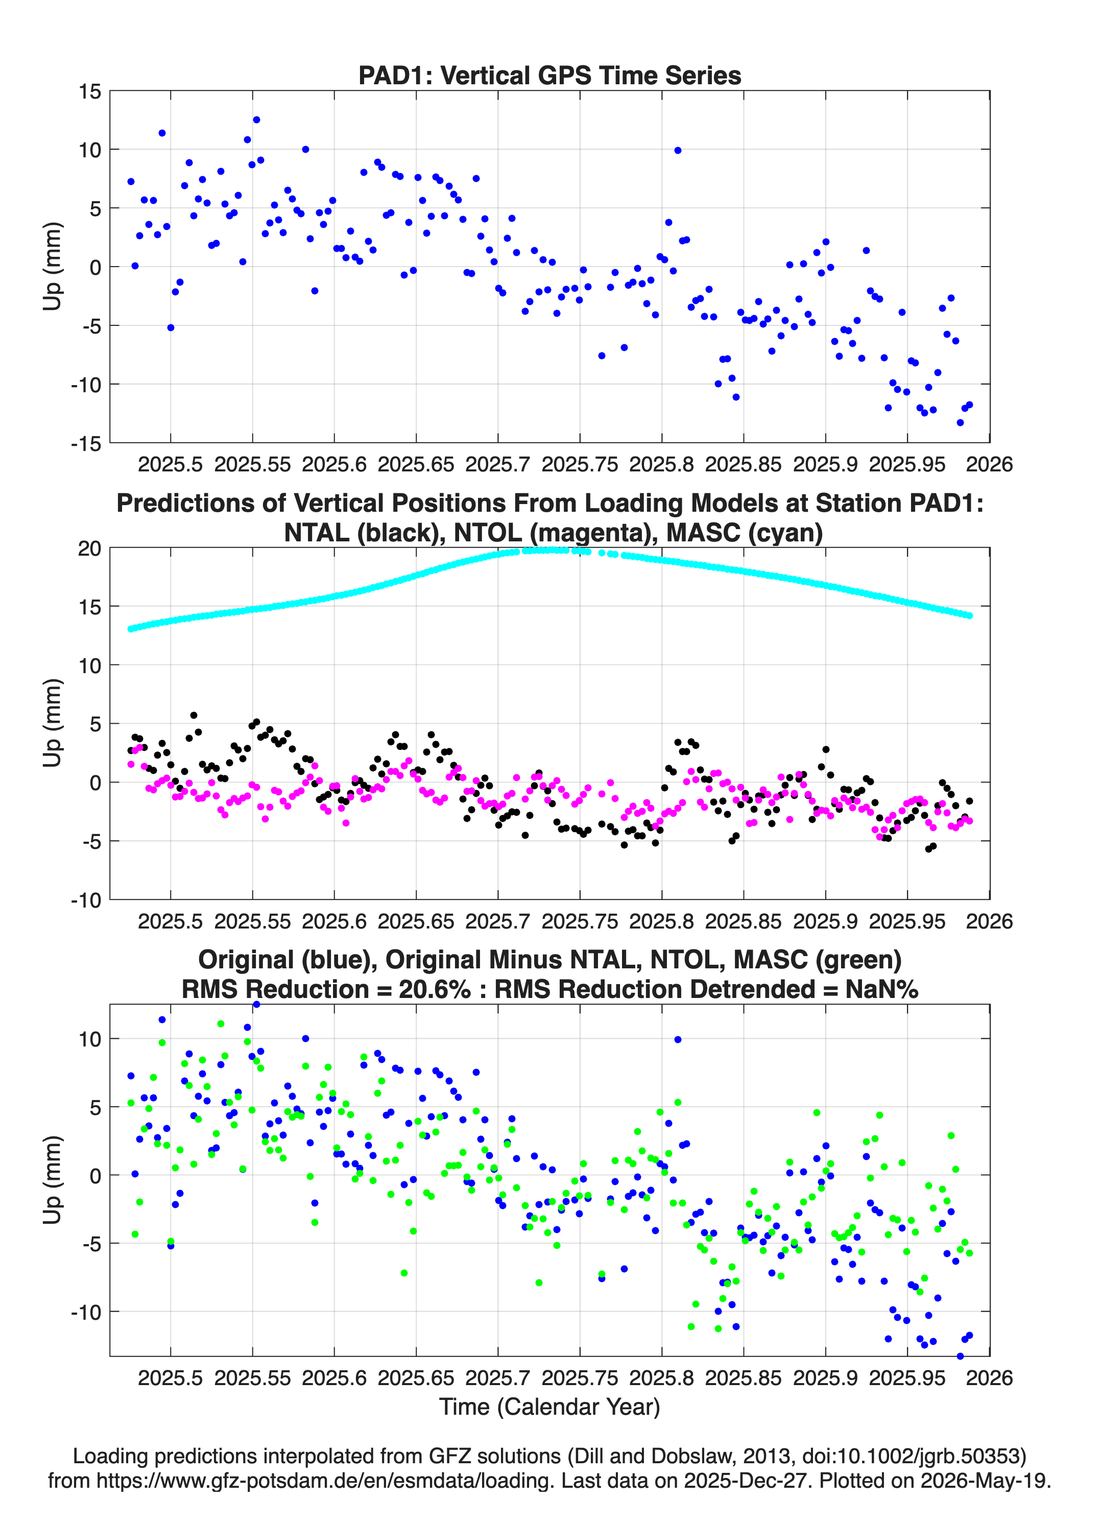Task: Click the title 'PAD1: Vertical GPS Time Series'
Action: [x=549, y=75]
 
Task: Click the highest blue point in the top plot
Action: [x=256, y=120]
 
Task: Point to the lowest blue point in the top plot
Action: [x=960, y=422]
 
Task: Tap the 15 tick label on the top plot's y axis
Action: [x=90, y=91]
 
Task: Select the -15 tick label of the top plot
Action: [x=86, y=443]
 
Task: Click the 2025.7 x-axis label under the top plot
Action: [x=497, y=464]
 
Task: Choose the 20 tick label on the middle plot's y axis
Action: [x=90, y=549]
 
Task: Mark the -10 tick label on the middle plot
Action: [x=86, y=900]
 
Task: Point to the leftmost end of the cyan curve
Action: [x=131, y=629]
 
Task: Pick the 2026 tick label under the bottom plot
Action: [x=989, y=1377]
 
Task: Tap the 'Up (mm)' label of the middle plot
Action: [x=53, y=723]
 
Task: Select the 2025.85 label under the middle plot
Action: [x=744, y=921]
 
